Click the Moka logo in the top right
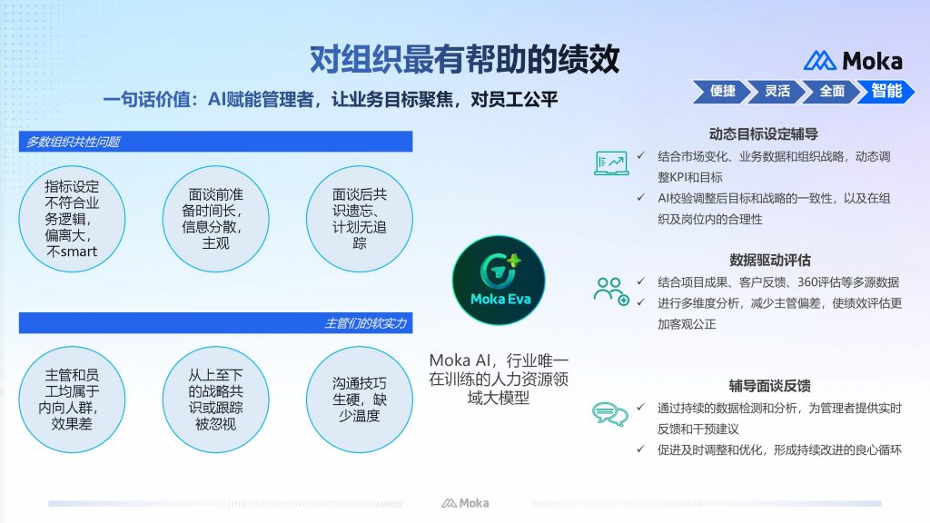pyautogui.click(x=853, y=61)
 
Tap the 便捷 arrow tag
pyautogui.click(x=721, y=92)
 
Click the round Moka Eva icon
pyautogui.click(x=499, y=281)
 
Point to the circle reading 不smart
pyautogui.click(x=72, y=219)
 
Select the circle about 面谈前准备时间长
pyautogui.click(x=215, y=219)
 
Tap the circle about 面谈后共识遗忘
pyautogui.click(x=360, y=219)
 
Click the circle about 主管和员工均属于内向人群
pyautogui.click(x=72, y=400)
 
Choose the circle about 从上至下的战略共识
pyautogui.click(x=215, y=400)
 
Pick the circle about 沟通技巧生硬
pyautogui.click(x=360, y=400)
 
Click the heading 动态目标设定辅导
pyautogui.click(x=763, y=134)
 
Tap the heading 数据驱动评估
pyautogui.click(x=770, y=260)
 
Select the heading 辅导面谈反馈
pyautogui.click(x=770, y=386)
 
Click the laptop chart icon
pyautogui.click(x=611, y=163)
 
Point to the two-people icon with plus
pyautogui.click(x=611, y=291)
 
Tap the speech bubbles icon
pyautogui.click(x=609, y=414)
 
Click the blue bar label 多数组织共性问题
pyautogui.click(x=73, y=142)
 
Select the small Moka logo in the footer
pyautogui.click(x=465, y=503)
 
